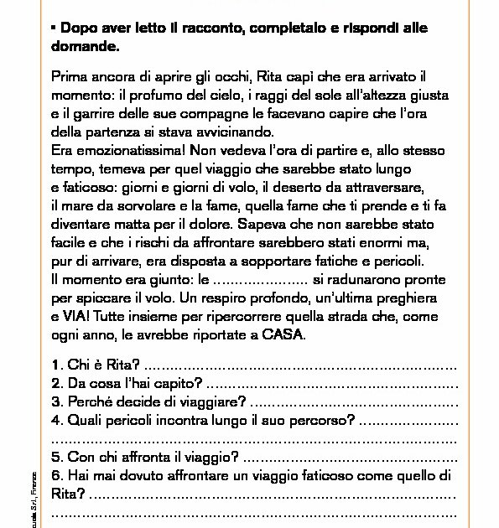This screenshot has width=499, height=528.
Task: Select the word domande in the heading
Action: (81, 47)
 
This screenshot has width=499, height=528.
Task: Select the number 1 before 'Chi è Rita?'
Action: (55, 366)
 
